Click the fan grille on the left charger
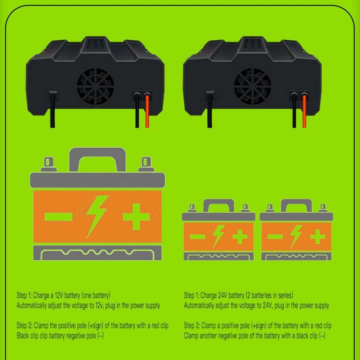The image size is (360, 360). point(95,86)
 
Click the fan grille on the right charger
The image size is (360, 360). point(253,86)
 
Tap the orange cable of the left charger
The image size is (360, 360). point(147,111)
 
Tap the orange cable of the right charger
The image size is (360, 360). point(304,111)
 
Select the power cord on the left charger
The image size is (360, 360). point(53,110)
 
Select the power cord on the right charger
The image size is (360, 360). point(210,110)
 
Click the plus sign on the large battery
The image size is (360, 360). point(136,217)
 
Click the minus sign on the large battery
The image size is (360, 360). point(59,217)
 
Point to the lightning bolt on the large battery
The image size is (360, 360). point(96,217)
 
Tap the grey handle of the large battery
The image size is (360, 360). point(98,152)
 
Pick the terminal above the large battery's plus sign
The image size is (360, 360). point(146,164)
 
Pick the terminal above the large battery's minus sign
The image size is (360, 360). point(49,164)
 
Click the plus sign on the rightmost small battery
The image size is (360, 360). point(318,237)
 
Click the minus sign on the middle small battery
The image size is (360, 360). point(197,237)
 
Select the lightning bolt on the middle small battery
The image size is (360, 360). point(218,237)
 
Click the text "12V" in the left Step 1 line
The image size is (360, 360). point(59,295)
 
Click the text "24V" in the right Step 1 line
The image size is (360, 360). point(222,295)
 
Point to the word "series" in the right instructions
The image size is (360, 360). point(285,295)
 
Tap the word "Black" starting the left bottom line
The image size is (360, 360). point(23,336)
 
